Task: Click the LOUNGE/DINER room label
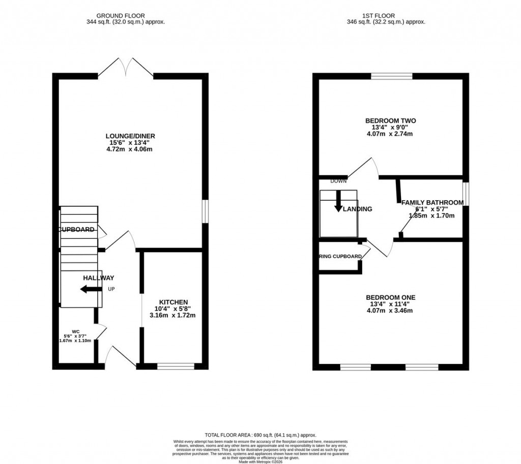130,136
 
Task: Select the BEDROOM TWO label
390,120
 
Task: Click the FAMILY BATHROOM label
432,203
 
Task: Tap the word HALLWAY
99,278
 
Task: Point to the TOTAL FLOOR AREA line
260,435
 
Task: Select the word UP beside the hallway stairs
111,289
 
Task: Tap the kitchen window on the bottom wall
176,366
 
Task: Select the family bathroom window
465,194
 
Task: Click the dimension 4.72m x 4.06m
130,149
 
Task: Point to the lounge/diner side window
205,210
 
